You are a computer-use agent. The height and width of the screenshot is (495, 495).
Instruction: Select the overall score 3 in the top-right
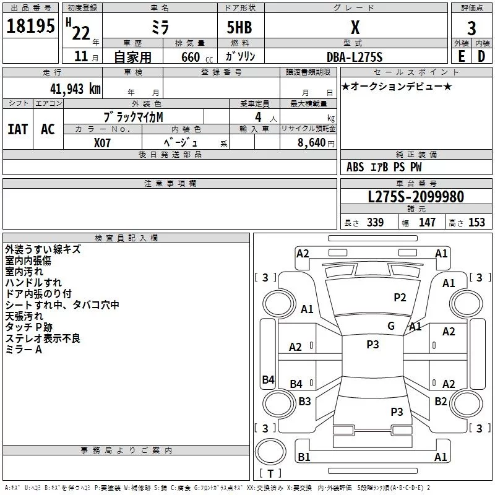(471, 28)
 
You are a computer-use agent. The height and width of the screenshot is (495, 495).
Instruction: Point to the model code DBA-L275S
(355, 57)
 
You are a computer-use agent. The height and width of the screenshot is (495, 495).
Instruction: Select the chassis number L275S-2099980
(415, 197)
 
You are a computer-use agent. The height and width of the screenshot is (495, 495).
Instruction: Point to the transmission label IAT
(18, 129)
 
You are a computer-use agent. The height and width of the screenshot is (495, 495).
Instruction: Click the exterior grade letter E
(461, 56)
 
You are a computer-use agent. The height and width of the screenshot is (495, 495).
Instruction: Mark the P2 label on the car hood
(400, 298)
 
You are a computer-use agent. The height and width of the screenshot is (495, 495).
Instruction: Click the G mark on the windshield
(390, 326)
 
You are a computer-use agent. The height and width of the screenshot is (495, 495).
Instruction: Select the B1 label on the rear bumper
(304, 457)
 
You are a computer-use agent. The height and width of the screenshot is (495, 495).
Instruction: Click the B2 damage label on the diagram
(441, 401)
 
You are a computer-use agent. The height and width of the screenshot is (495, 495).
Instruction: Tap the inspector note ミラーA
(24, 350)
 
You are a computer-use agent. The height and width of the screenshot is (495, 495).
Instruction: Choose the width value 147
(428, 223)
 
